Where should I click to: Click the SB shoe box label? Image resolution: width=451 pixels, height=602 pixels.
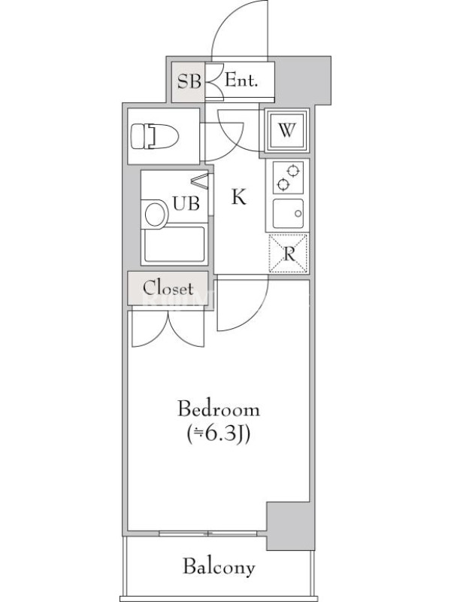(x=189, y=81)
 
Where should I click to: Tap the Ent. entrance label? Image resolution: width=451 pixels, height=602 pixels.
(x=241, y=81)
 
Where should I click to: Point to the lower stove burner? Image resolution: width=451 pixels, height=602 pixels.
(x=283, y=184)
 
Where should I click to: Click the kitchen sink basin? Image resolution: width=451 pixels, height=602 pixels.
(x=288, y=214)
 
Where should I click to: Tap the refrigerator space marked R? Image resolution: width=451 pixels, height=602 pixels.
(x=289, y=254)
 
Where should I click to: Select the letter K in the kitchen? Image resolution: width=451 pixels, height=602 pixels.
(x=239, y=197)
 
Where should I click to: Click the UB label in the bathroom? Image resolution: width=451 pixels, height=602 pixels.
(x=186, y=203)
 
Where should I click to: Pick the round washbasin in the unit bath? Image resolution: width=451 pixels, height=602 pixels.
(x=156, y=214)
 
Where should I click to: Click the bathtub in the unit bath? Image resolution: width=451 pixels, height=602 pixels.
(x=174, y=244)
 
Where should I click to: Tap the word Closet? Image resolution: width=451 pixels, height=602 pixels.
(x=168, y=287)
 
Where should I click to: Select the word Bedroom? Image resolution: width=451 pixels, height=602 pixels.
(x=219, y=409)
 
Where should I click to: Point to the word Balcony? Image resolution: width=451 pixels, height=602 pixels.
(x=219, y=567)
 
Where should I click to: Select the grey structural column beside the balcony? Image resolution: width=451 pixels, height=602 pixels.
(x=291, y=525)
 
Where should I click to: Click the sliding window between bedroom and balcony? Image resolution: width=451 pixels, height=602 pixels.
(x=208, y=534)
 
